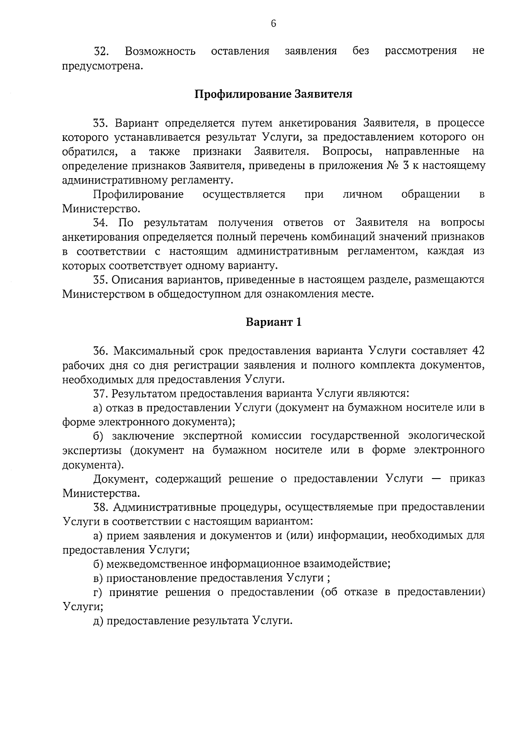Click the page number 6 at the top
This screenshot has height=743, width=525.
273,24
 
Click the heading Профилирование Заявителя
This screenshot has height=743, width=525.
273,94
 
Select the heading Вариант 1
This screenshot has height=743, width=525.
273,323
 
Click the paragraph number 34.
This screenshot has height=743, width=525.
101,223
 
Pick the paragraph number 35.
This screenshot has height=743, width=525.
101,280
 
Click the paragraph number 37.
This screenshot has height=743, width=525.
101,394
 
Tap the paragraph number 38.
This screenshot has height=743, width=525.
101,507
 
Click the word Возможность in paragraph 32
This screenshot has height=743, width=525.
160,51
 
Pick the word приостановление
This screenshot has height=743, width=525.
151,578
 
